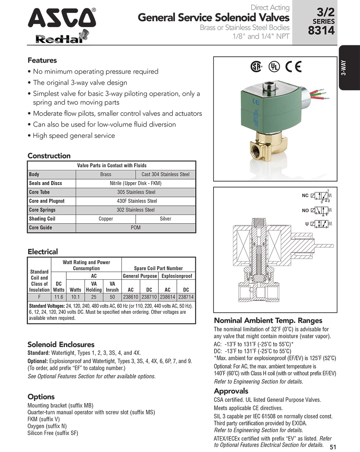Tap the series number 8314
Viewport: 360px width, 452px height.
tap(321, 31)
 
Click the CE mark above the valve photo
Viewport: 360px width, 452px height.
tap(293, 67)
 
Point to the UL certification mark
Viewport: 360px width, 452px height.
tap(275, 67)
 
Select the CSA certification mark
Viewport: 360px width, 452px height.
tap(256, 67)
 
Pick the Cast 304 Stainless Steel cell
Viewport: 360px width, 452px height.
tap(166, 175)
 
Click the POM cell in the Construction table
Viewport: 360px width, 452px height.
tap(136, 228)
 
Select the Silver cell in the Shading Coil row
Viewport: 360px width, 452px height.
tap(166, 219)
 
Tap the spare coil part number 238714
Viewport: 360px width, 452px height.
tap(186, 297)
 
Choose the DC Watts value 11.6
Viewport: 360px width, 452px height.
tap(59, 297)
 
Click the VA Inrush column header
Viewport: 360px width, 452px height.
tap(112, 286)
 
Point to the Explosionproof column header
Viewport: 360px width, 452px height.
tap(177, 276)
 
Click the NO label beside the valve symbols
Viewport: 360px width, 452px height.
tap(305, 211)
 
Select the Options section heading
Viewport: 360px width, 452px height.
tap(41, 397)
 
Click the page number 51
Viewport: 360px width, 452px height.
tap(333, 447)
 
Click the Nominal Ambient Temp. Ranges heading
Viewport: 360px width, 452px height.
tap(268, 321)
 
